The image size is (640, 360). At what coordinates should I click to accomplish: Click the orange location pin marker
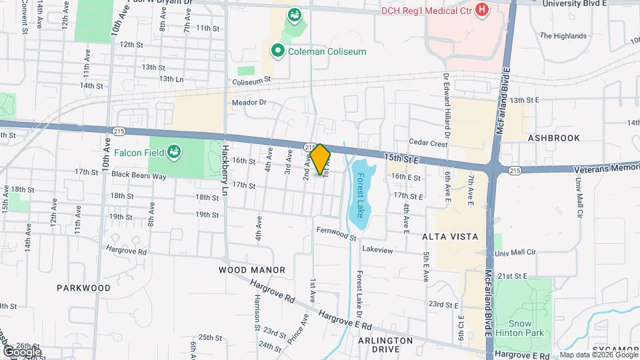[x=320, y=159]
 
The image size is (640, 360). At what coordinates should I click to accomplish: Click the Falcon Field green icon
[x=174, y=153]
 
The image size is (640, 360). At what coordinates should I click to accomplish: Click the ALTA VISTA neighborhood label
[x=449, y=236]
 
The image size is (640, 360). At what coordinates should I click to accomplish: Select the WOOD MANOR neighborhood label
[x=252, y=270]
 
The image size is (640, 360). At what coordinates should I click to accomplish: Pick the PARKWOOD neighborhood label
[x=83, y=288]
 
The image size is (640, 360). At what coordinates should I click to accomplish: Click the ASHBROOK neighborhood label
[x=553, y=137]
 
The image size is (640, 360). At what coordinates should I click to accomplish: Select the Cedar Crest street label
[x=429, y=143]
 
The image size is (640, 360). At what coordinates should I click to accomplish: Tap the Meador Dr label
[x=249, y=103]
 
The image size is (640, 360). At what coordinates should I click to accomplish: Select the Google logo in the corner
[x=22, y=351]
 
